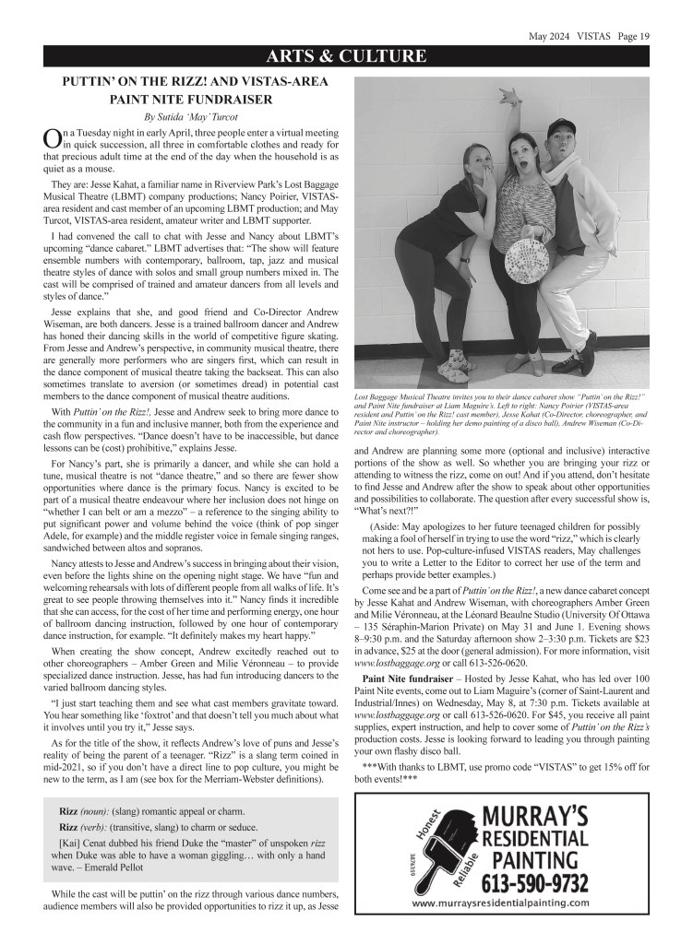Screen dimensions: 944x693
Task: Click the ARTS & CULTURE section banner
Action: pos(346,57)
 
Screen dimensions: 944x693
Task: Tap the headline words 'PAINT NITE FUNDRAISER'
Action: pos(195,98)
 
